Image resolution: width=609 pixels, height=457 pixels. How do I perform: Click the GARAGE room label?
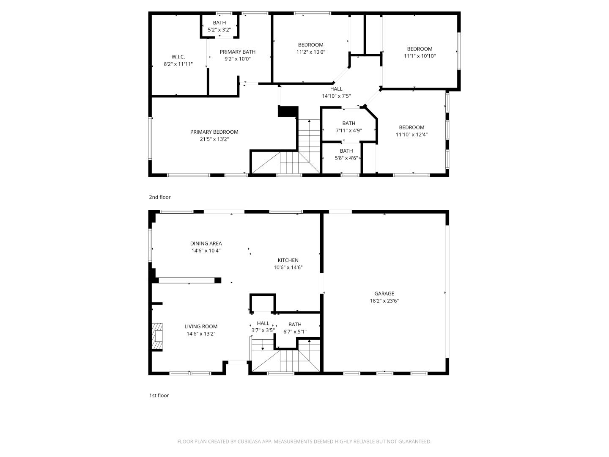click(x=384, y=293)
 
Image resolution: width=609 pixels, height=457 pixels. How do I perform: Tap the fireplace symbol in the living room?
click(x=157, y=337)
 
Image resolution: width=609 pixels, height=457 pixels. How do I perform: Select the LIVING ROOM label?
click(x=201, y=326)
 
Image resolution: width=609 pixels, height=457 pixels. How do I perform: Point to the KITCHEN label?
click(x=288, y=260)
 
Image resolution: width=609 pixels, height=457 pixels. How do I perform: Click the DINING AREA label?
click(x=206, y=243)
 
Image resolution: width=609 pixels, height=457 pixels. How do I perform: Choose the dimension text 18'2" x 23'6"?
click(x=384, y=301)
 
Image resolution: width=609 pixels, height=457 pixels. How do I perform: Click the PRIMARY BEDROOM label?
click(x=214, y=132)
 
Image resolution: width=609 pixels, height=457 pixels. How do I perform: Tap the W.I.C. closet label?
click(x=178, y=57)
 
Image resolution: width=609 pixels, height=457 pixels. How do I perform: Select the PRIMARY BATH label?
click(x=237, y=52)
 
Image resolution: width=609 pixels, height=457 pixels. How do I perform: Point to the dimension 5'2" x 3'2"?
click(x=219, y=30)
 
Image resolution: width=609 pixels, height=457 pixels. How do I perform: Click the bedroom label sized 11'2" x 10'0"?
click(x=310, y=45)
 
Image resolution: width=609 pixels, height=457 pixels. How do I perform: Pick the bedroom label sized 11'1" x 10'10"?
click(x=420, y=49)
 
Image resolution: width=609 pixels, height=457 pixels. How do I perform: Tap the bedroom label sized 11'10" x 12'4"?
click(x=411, y=127)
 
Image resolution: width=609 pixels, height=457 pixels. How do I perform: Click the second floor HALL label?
click(x=336, y=89)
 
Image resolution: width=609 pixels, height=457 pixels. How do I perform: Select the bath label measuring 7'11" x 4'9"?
click(x=349, y=123)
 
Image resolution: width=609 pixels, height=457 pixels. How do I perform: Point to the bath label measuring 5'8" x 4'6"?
click(x=346, y=151)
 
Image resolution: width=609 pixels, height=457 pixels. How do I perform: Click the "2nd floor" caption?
click(x=159, y=197)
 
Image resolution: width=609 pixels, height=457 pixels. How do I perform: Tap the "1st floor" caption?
click(x=159, y=396)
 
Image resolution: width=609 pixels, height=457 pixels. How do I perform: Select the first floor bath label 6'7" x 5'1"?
click(x=295, y=325)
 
